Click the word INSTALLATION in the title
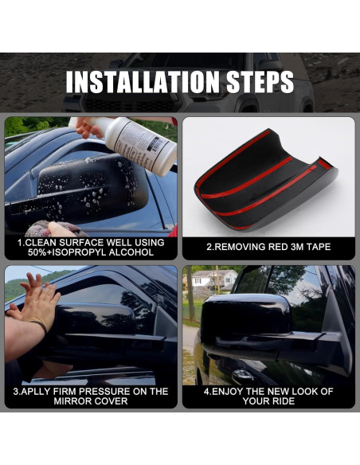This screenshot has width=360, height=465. [143, 82]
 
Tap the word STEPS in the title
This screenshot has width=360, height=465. [260, 82]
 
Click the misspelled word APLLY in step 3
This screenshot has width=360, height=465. [33, 391]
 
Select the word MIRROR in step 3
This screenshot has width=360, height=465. [72, 401]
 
